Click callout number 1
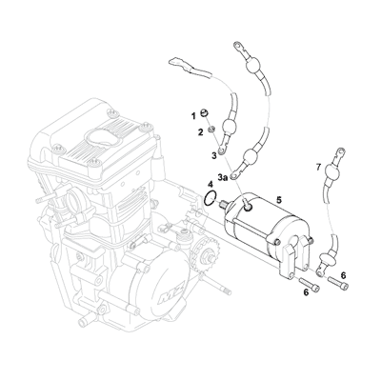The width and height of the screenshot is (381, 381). [191, 114]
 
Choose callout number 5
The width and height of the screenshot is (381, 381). [278, 199]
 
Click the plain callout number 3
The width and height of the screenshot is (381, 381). [214, 154]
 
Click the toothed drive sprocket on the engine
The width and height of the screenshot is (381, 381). [200, 257]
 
